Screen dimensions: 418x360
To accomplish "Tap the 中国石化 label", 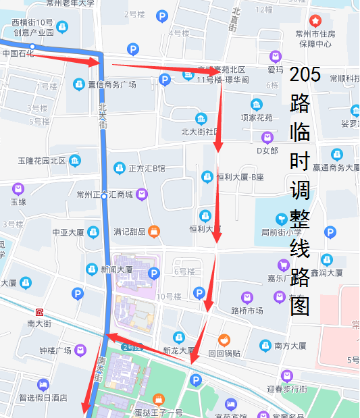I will click(x=18, y=53).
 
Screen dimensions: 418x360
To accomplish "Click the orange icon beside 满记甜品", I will click(x=155, y=232).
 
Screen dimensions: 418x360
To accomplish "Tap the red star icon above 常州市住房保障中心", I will click(x=313, y=21).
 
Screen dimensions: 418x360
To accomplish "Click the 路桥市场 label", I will click(x=247, y=311).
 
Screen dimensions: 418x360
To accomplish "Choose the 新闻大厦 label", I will click(x=117, y=269).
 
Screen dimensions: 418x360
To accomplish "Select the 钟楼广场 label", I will click(x=55, y=350).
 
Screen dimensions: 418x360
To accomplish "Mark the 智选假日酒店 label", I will click(x=43, y=398).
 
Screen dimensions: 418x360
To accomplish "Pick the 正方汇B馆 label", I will click(x=147, y=167).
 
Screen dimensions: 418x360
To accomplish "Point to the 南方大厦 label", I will click(x=290, y=346).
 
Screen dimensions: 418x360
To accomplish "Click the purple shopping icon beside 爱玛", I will click(x=275, y=56).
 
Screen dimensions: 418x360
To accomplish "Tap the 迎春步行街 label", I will click(x=287, y=388).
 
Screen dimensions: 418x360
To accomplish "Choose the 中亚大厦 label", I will click(x=68, y=232).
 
